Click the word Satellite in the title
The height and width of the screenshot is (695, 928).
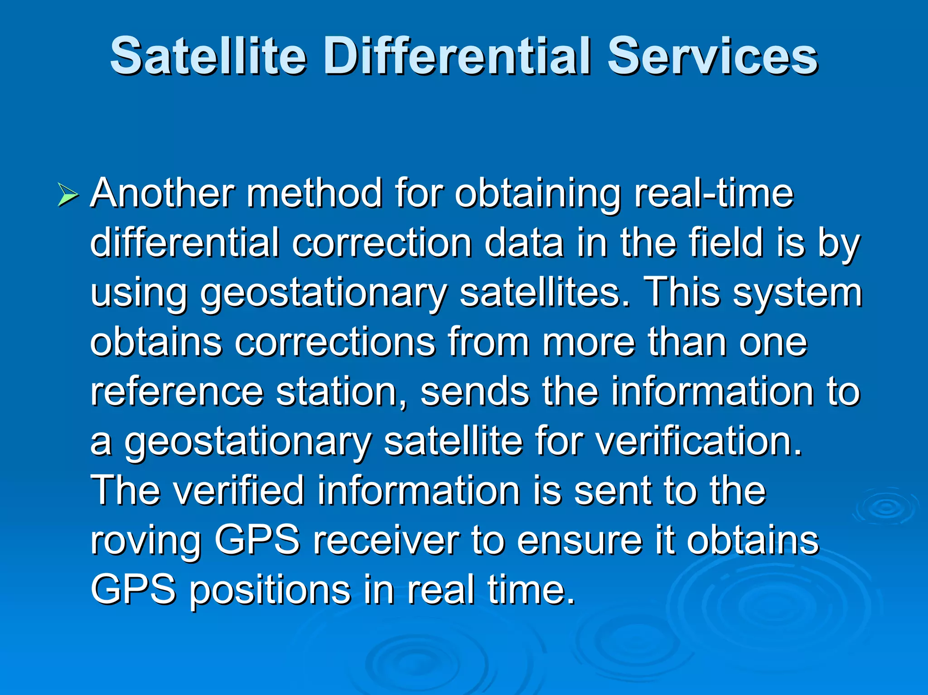point(208,56)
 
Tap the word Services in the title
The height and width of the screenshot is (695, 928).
point(712,56)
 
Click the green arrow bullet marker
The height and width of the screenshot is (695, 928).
point(68,196)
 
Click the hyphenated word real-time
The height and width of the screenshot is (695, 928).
point(714,193)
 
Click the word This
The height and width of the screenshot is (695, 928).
point(681,292)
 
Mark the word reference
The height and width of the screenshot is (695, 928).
point(177,391)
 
